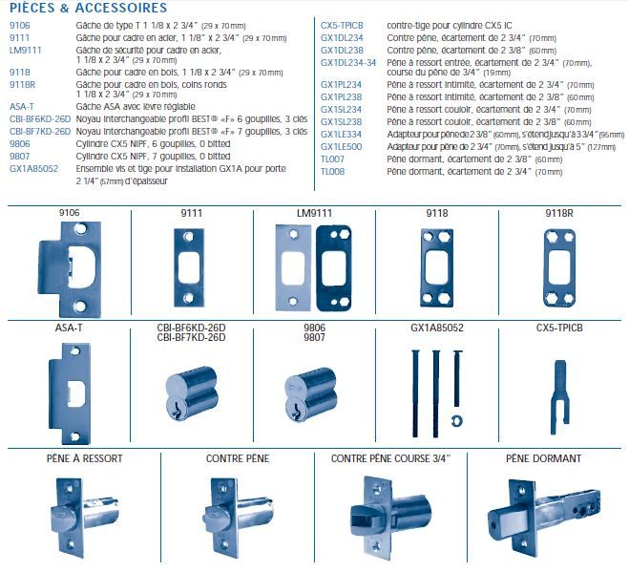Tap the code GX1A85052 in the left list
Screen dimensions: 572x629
tap(34, 168)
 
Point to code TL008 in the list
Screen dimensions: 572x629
tap(333, 171)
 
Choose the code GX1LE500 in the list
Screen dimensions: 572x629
tap(341, 149)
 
